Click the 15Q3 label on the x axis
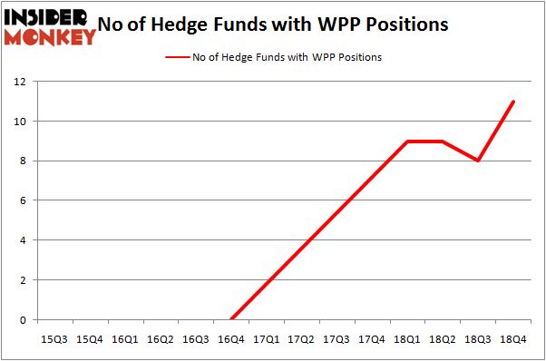(x=54, y=338)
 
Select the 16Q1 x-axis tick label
(x=125, y=338)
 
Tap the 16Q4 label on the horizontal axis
(x=231, y=338)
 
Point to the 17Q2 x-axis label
(x=301, y=338)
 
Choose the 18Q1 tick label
(x=407, y=338)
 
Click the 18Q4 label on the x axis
(x=513, y=338)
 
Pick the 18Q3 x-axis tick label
(x=478, y=338)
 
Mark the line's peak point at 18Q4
(x=514, y=102)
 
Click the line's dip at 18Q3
(x=479, y=161)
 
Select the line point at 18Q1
(x=408, y=141)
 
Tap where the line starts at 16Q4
(x=231, y=319)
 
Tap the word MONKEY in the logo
(x=50, y=36)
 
